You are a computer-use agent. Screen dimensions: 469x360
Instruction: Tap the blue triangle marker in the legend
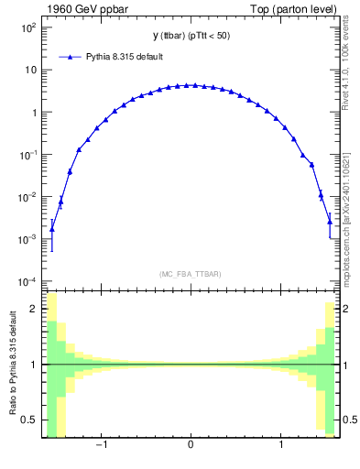[71, 57]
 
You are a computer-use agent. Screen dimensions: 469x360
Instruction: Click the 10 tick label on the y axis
[29, 70]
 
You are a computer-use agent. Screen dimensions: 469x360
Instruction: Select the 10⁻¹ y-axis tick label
[26, 155]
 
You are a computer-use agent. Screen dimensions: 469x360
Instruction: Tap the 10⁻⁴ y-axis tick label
[26, 281]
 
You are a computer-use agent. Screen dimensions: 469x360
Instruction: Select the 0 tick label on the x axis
[191, 446]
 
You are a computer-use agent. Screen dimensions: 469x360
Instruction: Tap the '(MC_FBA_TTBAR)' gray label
[191, 275]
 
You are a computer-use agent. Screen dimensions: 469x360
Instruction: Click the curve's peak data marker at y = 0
[191, 85]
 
